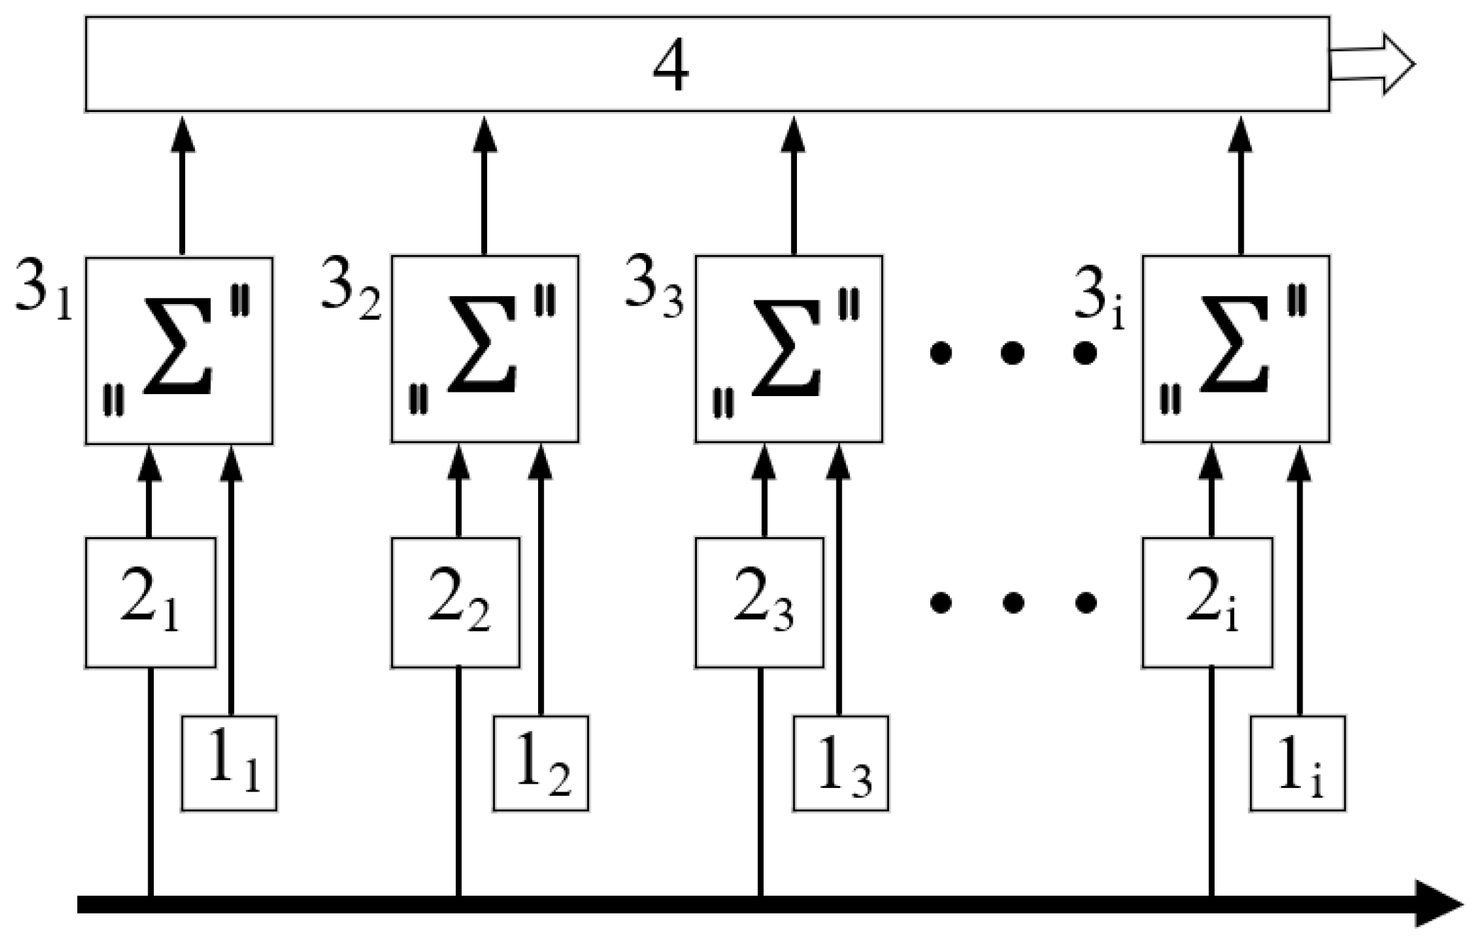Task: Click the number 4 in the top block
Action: pyautogui.click(x=671, y=65)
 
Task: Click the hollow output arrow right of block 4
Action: pyautogui.click(x=1371, y=64)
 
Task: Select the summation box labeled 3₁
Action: pyautogui.click(x=179, y=351)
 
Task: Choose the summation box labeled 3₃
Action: pyautogui.click(x=788, y=349)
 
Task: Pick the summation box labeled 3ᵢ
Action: pyautogui.click(x=1235, y=349)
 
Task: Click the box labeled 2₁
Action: pyautogui.click(x=150, y=603)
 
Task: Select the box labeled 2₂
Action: pyautogui.click(x=455, y=603)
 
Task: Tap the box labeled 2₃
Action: pyautogui.click(x=759, y=603)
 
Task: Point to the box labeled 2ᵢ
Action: pyautogui.click(x=1207, y=603)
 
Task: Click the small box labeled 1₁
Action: pyautogui.click(x=229, y=763)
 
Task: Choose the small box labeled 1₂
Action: pyautogui.click(x=541, y=763)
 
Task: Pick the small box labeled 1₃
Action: pyautogui.click(x=841, y=763)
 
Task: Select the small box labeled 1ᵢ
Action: pyautogui.click(x=1297, y=763)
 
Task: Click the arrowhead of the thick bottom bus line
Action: pyautogui.click(x=1439, y=904)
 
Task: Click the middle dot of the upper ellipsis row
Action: pyautogui.click(x=1012, y=352)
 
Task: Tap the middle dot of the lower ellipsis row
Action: pyautogui.click(x=1012, y=603)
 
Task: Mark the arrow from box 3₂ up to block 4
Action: pyautogui.click(x=485, y=184)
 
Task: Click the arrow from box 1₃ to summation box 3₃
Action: pyautogui.click(x=839, y=581)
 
